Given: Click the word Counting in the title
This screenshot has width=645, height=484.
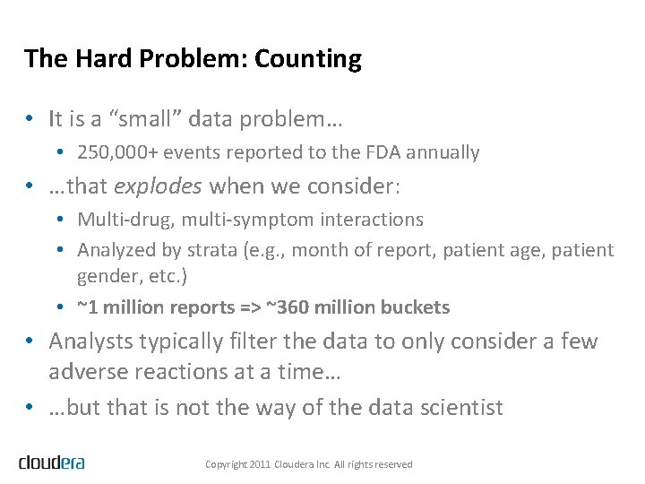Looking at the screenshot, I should point(308,59).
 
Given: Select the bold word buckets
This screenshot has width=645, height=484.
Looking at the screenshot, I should point(416,307).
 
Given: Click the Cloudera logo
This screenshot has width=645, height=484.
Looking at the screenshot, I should point(52,462).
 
